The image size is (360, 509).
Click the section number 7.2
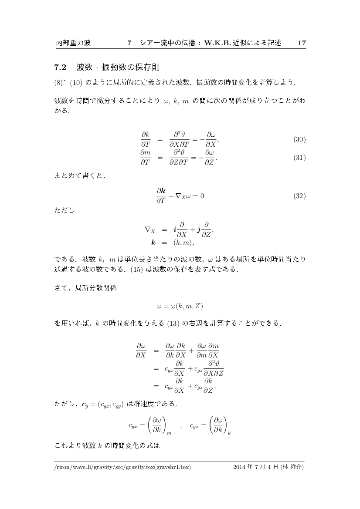pyautogui.click(x=60, y=67)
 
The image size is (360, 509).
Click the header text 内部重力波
pyautogui.click(x=73, y=43)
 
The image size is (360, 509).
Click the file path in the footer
pyautogui.click(x=122, y=468)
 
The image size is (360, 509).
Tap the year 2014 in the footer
pyautogui.click(x=240, y=468)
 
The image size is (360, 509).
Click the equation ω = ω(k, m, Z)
pyautogui.click(x=180, y=306)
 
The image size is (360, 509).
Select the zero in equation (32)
pyautogui.click(x=202, y=196)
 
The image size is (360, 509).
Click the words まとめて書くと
pyautogui.click(x=80, y=176)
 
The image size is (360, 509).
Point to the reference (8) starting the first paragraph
pyautogui.click(x=59, y=82)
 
